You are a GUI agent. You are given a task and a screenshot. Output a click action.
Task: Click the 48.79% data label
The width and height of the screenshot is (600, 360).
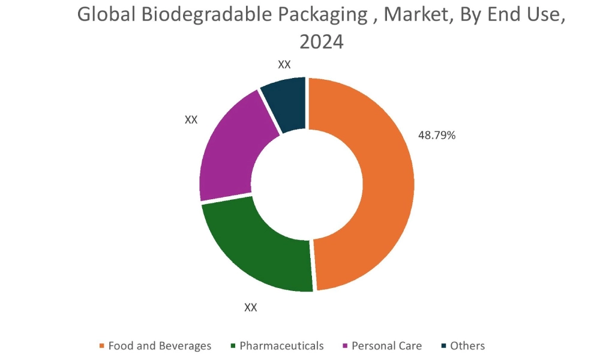click(437, 136)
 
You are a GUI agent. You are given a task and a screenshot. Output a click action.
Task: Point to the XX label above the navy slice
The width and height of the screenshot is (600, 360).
click(284, 65)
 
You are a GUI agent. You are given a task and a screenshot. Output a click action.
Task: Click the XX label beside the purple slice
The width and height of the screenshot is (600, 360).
click(191, 119)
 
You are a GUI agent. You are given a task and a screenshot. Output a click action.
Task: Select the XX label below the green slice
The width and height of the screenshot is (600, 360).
click(251, 307)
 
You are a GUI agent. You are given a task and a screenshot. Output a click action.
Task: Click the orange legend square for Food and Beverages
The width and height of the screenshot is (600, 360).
click(102, 346)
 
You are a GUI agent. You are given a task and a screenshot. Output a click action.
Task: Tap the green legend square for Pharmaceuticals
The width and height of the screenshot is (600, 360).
click(233, 346)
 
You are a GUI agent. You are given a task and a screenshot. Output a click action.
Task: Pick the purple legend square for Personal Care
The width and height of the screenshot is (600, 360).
click(345, 346)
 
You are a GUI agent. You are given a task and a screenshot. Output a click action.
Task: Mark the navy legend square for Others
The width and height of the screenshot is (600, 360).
click(443, 346)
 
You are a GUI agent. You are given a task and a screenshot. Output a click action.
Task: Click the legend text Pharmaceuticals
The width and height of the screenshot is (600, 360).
click(281, 346)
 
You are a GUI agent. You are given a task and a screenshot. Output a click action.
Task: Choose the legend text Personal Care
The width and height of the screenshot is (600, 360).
click(386, 346)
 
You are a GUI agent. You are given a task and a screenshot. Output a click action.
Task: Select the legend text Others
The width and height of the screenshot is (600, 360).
click(467, 346)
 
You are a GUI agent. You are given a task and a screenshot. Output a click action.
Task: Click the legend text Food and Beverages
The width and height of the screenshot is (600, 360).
click(160, 346)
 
